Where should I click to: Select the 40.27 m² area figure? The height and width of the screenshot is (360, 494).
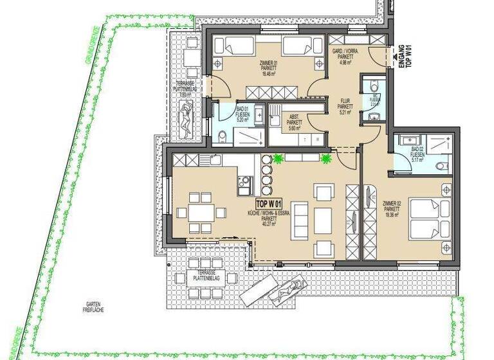268,224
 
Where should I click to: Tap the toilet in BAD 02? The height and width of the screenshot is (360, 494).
440,166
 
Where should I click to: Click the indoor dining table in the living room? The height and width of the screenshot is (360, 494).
203,213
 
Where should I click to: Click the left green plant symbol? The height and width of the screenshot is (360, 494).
278,157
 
